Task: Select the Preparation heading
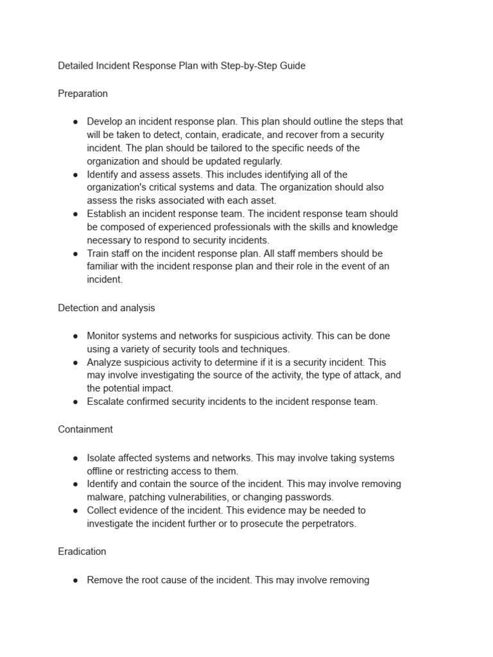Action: click(x=83, y=94)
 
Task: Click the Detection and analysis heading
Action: click(x=107, y=308)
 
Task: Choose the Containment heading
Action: click(x=85, y=429)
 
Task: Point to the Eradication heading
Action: click(x=82, y=552)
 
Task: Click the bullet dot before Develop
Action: click(x=76, y=122)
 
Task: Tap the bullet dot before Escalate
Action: click(x=76, y=402)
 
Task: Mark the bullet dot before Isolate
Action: click(x=76, y=459)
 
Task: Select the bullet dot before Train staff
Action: click(x=76, y=254)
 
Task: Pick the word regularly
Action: click(x=259, y=161)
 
